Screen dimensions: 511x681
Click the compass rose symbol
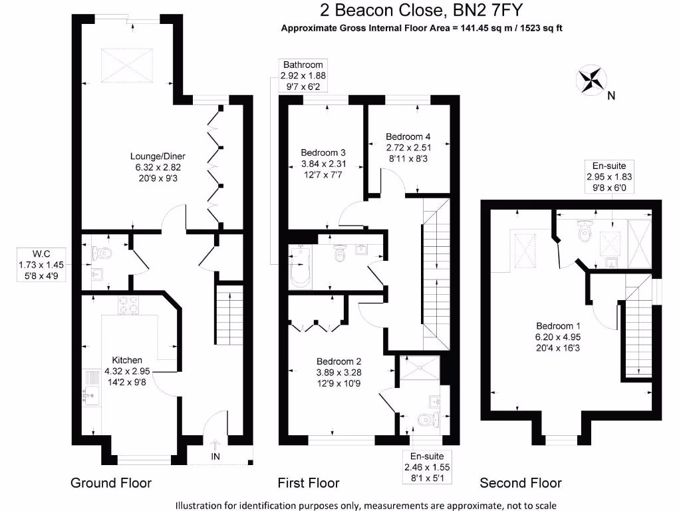coord(590,79)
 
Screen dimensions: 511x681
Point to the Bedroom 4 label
coord(409,147)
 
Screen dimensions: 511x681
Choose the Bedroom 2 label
coord(339,373)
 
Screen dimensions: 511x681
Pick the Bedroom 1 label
coord(559,337)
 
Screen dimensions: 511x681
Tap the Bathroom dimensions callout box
coord(303,75)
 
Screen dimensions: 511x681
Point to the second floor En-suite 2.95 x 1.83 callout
coord(609,177)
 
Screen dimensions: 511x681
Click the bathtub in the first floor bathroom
coord(299,267)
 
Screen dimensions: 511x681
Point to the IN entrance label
coord(215,456)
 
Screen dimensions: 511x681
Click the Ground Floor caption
coord(111,483)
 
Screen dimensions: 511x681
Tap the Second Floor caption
coord(521,483)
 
